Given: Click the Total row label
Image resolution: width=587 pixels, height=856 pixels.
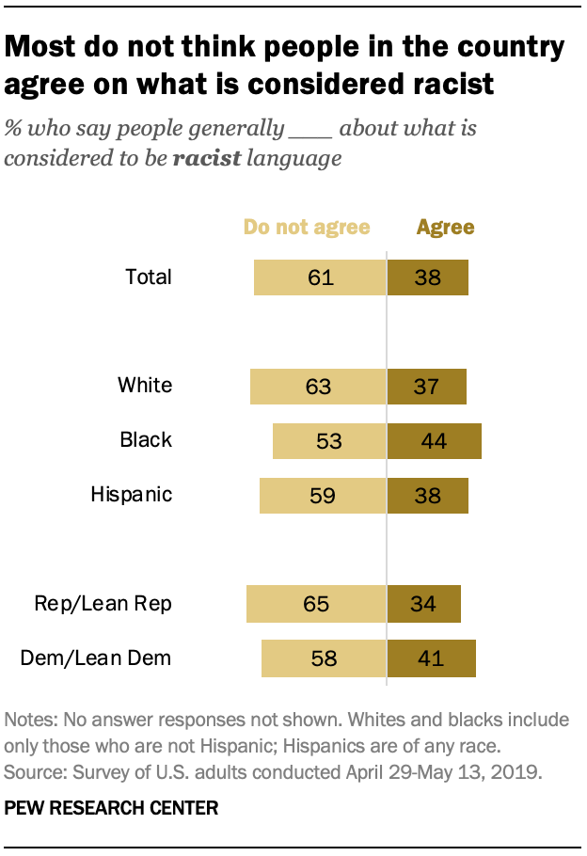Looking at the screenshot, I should pos(149,277).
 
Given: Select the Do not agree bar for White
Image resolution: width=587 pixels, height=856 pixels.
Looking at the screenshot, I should pos(318,386).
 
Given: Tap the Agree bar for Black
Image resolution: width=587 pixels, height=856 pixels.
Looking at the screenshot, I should pos(435,440).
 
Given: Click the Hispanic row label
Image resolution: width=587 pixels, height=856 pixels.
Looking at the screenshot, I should pos(132,494).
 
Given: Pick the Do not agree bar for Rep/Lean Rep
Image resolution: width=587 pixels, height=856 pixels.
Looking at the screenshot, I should pos(316,603).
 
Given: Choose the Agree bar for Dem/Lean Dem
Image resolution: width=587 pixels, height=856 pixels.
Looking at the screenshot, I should pos(432,658).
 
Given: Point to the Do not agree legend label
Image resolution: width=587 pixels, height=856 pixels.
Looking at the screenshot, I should pos(307,227).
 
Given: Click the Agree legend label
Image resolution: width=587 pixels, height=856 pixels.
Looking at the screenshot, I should pos(446,227).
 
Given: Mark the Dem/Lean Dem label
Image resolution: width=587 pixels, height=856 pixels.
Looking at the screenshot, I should pos(96,658).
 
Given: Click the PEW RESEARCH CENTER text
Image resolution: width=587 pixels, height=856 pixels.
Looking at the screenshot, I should pos(112,808).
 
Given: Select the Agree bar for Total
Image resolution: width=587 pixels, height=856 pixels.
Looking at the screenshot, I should pos(428,277).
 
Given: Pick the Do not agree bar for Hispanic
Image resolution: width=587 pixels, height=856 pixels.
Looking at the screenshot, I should pos(323,495).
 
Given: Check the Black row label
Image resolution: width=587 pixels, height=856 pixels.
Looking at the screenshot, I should pos(146,439).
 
